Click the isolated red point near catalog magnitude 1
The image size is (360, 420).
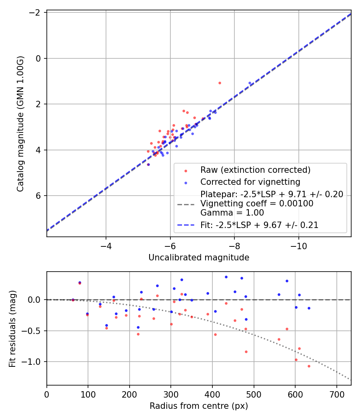click(x=220, y=83)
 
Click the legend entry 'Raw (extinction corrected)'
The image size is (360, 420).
click(x=255, y=170)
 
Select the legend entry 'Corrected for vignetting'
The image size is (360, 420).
click(x=250, y=182)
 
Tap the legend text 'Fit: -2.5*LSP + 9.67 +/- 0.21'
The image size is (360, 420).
click(x=259, y=225)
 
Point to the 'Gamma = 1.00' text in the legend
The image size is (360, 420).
click(x=232, y=213)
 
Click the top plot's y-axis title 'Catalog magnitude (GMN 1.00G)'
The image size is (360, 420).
click(x=20, y=124)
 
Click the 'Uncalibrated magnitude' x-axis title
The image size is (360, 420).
click(x=199, y=258)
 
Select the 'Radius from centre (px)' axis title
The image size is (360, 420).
click(x=199, y=406)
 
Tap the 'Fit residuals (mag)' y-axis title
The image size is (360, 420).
click(x=12, y=329)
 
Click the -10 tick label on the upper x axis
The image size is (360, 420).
click(x=299, y=246)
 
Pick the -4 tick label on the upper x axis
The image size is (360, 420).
click(x=106, y=246)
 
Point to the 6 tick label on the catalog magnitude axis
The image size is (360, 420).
click(x=38, y=196)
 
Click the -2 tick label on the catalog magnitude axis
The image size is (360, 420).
click(x=35, y=12)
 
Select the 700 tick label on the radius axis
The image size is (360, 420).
click(x=336, y=394)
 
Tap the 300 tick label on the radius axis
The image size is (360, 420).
click(x=171, y=394)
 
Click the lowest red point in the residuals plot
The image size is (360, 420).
click(x=309, y=366)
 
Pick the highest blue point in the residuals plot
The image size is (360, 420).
click(x=226, y=277)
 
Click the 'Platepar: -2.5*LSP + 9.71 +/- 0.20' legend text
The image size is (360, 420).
click(x=272, y=194)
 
